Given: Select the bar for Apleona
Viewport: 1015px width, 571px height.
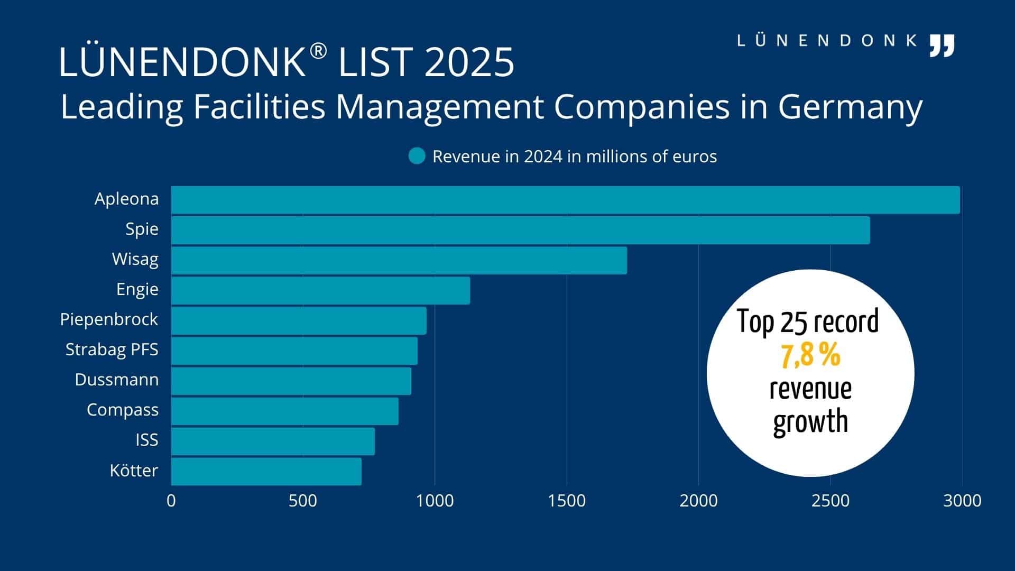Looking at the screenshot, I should [x=565, y=200].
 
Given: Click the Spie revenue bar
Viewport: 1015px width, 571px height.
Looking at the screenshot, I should [x=520, y=230].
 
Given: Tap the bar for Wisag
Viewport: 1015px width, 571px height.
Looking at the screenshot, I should [x=399, y=260].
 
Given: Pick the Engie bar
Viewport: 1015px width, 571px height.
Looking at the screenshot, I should [x=320, y=290].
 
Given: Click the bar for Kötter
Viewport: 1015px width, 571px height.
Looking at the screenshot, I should [x=266, y=471].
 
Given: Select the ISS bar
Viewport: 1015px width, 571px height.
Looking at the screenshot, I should [x=273, y=441].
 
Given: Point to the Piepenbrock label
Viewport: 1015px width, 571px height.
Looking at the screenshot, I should [x=109, y=319].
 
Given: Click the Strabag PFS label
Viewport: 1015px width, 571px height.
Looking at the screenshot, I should [x=112, y=349].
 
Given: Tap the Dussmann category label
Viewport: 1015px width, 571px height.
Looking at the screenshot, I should [x=116, y=380].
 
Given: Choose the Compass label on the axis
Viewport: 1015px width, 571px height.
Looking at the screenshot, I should [x=122, y=410].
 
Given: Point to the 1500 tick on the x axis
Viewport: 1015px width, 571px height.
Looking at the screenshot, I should [x=566, y=501].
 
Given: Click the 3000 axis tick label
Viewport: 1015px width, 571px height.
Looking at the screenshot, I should [x=962, y=501].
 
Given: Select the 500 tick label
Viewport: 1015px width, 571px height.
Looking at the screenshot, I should [x=302, y=501].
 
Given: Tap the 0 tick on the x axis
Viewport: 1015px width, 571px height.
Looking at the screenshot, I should [x=171, y=501].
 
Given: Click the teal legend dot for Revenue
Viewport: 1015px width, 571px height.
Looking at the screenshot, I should [x=417, y=156].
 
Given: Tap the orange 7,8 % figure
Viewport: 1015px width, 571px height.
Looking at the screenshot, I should [x=810, y=355].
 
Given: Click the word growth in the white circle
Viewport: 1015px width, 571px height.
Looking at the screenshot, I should [x=810, y=422].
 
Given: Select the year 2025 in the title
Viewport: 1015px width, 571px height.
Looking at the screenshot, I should [x=469, y=62].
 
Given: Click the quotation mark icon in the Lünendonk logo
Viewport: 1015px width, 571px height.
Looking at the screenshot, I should [x=942, y=46].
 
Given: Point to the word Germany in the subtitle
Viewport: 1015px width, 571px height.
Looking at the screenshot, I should [x=850, y=107].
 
